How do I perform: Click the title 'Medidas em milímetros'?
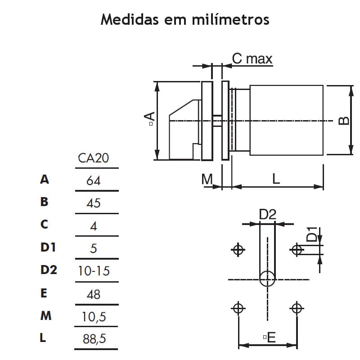pos(185,20)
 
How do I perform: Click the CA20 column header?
pos(94,158)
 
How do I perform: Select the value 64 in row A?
pos(94,180)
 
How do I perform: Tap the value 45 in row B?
pos(94,203)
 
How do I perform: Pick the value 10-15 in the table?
pos(94,271)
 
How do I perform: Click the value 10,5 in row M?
pos(94,317)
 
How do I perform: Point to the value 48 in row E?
pos(94,294)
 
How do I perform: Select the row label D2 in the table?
pos(49,270)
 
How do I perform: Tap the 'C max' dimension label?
pos(252,58)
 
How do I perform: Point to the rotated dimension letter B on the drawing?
pos(343,120)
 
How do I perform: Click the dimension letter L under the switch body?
pos(276,179)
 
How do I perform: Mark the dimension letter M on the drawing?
pos(207,179)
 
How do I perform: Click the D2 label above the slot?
pos(267,215)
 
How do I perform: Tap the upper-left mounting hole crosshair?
pos(238,249)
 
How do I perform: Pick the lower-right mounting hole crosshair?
pos(296,308)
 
